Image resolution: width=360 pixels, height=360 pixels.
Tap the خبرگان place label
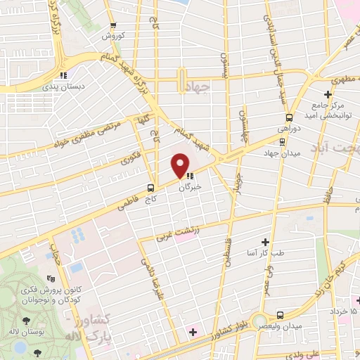click(190, 187)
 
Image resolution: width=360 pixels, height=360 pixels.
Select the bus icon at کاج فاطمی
click(151, 188)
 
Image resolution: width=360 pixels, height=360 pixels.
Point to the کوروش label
click(112, 35)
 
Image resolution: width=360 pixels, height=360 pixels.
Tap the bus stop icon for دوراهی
click(289, 117)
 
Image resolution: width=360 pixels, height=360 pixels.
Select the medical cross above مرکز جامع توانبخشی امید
click(328, 94)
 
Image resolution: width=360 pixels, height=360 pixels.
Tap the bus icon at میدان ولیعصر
click(281, 315)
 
